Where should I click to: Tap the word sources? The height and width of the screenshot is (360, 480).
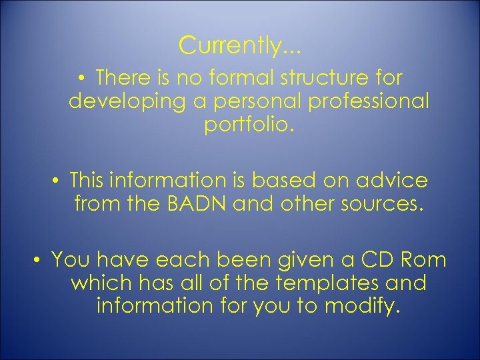click(x=382, y=204)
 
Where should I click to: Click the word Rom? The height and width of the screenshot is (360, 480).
click(x=425, y=259)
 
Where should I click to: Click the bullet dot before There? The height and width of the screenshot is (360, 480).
click(x=81, y=79)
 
